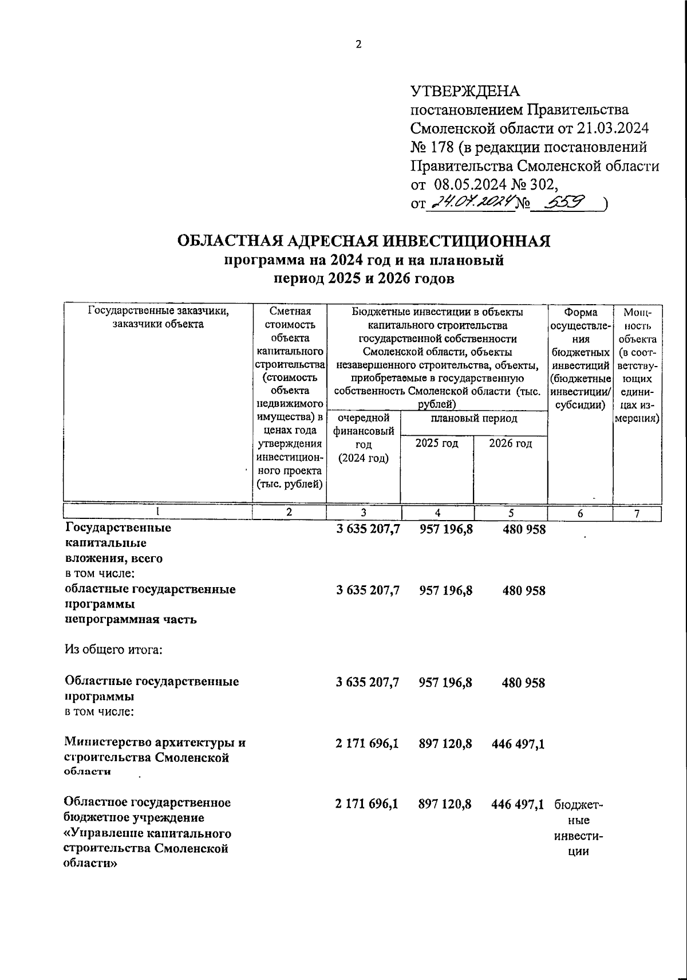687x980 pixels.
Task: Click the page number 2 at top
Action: (358, 45)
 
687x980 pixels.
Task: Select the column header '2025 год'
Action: (436, 443)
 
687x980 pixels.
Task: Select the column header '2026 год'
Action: (510, 443)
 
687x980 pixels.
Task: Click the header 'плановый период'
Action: (473, 419)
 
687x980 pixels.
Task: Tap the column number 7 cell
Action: (637, 514)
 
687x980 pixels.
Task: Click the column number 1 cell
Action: (157, 513)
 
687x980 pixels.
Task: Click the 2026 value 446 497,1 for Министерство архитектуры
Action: (518, 743)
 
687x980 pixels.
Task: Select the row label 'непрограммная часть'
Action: (131, 619)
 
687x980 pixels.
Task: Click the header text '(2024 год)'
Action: (363, 458)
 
